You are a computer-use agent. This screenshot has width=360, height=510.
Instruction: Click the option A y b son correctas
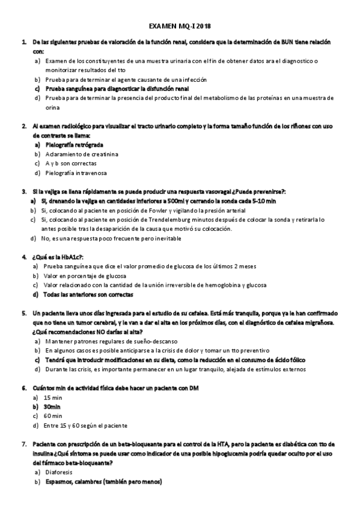click(71, 164)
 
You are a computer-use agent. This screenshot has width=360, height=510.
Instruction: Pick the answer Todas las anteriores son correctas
click(89, 295)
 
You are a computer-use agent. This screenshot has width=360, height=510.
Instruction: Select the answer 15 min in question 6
click(53, 397)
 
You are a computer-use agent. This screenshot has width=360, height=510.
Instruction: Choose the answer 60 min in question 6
click(53, 416)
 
